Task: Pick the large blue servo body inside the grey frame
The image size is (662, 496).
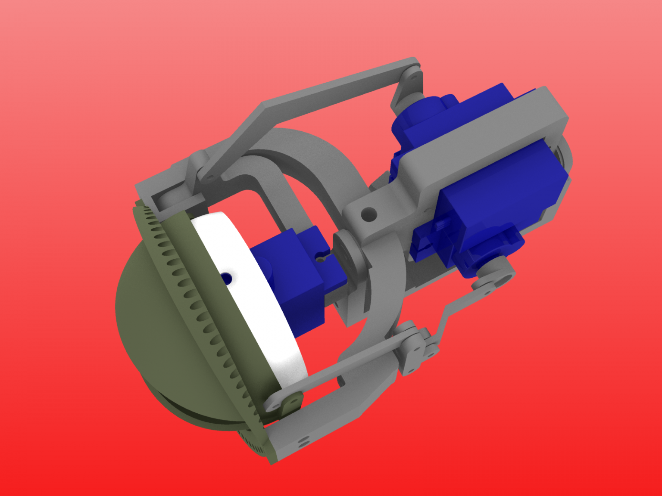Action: coord(500,189)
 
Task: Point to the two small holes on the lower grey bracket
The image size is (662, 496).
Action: coord(304,441)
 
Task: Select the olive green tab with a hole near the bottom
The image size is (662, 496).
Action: coord(293,403)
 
